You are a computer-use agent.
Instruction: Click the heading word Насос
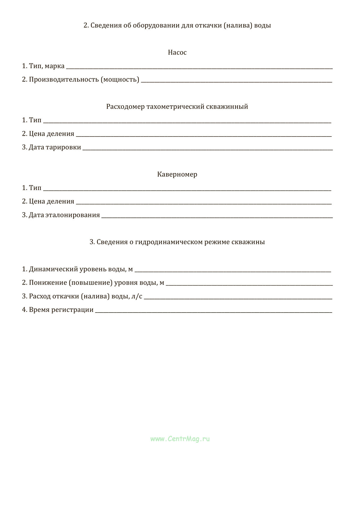[x=177, y=52]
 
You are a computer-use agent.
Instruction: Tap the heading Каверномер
[x=177, y=174]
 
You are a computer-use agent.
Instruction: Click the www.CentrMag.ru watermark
[x=180, y=439]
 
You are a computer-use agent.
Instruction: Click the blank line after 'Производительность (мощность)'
[x=236, y=81]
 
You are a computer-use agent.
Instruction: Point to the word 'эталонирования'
[x=73, y=215]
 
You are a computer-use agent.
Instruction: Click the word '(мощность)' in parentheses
[x=120, y=80]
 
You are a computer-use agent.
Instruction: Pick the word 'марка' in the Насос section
[x=55, y=66]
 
